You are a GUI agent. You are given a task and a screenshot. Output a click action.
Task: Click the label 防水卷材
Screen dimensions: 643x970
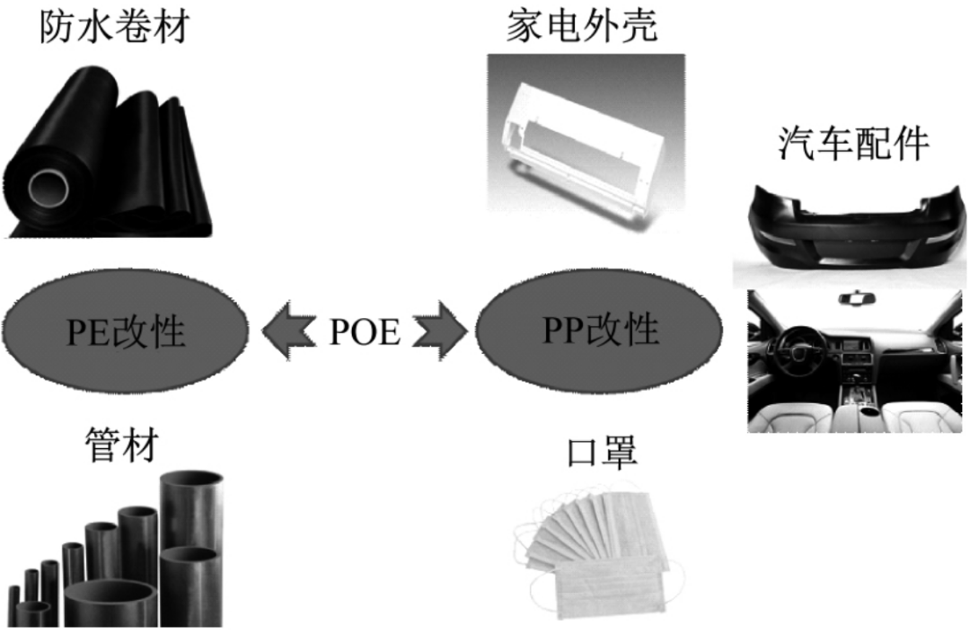click(114, 27)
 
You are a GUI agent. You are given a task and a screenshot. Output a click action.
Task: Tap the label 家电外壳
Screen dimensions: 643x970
click(582, 27)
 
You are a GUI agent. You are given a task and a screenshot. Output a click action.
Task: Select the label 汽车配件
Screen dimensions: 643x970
click(853, 144)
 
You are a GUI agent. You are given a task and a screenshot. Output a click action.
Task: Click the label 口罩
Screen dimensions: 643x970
click(602, 452)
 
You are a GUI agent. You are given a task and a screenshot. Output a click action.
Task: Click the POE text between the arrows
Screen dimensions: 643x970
click(365, 332)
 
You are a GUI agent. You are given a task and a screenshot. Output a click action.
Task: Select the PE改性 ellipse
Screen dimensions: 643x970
click(126, 331)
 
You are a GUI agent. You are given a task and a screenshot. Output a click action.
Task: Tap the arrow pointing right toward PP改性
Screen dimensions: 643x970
click(442, 331)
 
